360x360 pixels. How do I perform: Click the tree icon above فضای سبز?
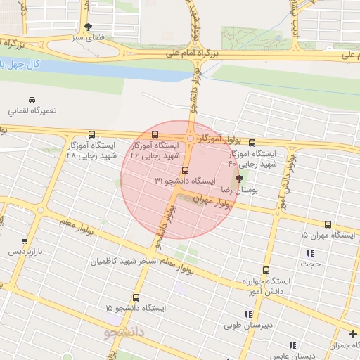point(88,27)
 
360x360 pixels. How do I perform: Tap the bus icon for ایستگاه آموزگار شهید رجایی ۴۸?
point(91,135)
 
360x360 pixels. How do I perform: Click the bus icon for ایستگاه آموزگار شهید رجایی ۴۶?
point(155,135)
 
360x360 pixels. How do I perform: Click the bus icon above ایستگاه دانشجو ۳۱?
point(186,169)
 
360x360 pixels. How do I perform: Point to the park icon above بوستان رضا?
point(241,180)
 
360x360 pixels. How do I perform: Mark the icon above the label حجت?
point(309,253)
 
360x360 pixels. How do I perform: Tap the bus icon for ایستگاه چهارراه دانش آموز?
point(266,269)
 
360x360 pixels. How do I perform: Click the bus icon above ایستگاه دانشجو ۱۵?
point(136,297)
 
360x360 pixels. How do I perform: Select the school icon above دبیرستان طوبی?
point(247,315)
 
